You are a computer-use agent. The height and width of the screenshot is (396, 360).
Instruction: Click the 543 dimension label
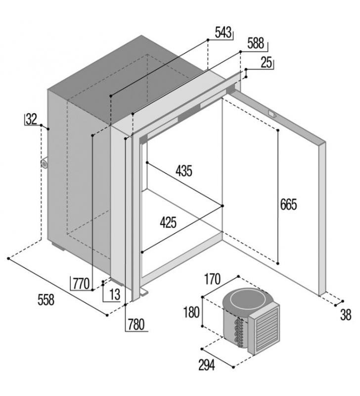click(223, 32)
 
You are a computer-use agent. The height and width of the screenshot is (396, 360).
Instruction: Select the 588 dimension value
click(256, 43)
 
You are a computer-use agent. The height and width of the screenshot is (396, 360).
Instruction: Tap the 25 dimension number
click(267, 63)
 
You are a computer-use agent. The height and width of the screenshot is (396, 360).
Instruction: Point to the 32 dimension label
click(32, 119)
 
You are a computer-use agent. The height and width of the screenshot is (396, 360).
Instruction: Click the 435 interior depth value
click(184, 171)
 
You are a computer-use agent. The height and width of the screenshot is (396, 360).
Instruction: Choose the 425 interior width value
click(168, 222)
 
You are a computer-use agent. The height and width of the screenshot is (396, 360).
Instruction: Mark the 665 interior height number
click(289, 204)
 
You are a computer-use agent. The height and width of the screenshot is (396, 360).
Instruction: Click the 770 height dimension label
click(81, 284)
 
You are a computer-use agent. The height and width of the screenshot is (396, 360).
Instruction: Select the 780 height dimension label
click(136, 325)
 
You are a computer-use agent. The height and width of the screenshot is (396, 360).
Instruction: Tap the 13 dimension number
click(115, 295)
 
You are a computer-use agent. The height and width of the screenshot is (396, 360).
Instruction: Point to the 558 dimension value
click(46, 300)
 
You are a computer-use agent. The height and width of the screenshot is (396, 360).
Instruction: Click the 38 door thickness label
click(346, 315)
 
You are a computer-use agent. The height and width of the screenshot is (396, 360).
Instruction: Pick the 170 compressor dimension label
click(212, 279)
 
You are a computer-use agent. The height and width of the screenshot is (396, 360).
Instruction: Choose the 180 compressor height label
click(191, 312)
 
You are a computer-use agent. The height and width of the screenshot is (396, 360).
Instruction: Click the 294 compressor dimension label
click(207, 365)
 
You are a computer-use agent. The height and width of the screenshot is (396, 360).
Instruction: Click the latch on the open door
click(272, 114)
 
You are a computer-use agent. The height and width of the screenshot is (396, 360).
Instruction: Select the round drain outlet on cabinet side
click(45, 163)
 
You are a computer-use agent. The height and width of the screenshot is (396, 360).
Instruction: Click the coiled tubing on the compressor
click(239, 333)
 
